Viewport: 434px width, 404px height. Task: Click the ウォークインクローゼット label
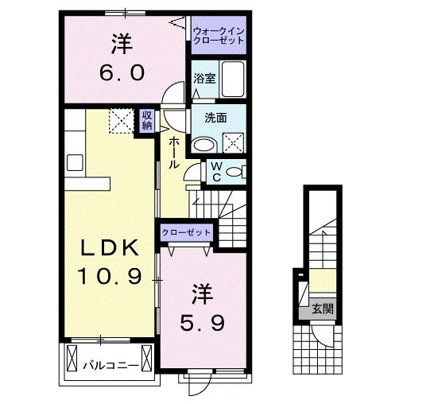tap(219, 34)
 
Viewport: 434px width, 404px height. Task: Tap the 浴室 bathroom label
tap(204, 78)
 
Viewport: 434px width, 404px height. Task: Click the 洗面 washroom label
tap(215, 118)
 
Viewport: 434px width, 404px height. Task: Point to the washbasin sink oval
tap(204, 145)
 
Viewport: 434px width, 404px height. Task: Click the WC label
tap(215, 171)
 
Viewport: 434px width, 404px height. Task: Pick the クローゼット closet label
tap(187, 232)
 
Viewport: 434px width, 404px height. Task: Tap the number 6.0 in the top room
tap(122, 73)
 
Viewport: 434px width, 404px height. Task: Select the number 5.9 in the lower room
tap(200, 324)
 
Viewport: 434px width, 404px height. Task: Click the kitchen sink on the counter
tap(76, 162)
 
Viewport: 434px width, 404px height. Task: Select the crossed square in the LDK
tap(123, 122)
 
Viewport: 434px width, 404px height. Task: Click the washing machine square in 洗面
tap(234, 144)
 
